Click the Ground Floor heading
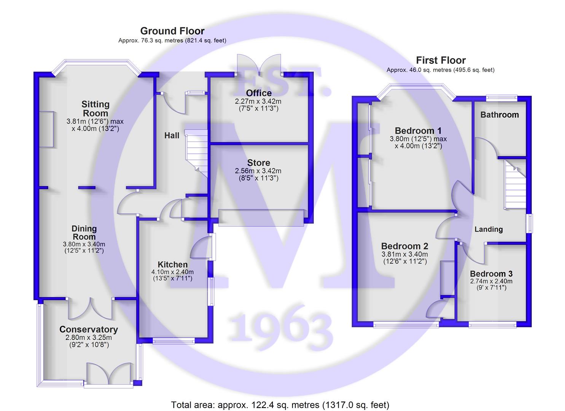[172, 31]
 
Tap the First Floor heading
[441, 60]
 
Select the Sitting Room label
[95, 108]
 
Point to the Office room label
[259, 93]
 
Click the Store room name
[259, 163]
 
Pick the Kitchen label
[172, 264]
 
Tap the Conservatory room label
[89, 329]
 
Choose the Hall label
[172, 135]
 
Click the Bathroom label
[500, 115]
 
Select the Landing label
[489, 229]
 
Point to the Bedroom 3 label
[491, 274]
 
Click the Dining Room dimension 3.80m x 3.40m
[84, 244]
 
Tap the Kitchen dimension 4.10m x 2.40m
[172, 272]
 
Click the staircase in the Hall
[196, 154]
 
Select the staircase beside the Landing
[515, 185]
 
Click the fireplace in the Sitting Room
[47, 129]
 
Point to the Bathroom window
[501, 98]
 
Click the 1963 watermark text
[280, 328]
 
